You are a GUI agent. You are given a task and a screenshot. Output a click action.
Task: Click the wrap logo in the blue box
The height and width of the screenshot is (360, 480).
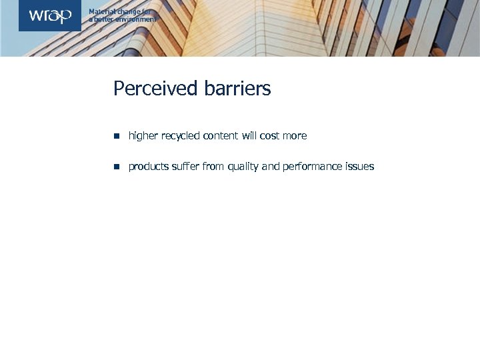(x=50, y=16)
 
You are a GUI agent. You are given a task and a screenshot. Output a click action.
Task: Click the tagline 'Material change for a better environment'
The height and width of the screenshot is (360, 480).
(x=123, y=16)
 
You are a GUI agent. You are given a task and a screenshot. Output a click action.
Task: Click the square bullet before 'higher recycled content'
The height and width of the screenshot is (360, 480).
(x=115, y=136)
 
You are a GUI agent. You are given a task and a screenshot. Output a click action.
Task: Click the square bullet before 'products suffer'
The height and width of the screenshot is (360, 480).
(x=115, y=167)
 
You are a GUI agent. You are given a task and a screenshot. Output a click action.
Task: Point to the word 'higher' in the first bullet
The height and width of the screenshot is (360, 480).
(x=143, y=136)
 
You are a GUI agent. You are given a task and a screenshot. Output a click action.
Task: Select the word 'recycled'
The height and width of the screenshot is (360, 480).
(x=179, y=136)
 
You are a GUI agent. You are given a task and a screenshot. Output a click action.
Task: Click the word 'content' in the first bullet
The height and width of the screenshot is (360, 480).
(x=220, y=136)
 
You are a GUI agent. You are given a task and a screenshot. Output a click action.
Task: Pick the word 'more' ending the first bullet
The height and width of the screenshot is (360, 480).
(x=295, y=136)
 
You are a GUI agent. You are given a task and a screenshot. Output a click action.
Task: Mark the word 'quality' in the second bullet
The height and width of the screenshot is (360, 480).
(x=243, y=167)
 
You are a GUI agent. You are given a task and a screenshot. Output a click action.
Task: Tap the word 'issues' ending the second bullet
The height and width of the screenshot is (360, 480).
(x=360, y=167)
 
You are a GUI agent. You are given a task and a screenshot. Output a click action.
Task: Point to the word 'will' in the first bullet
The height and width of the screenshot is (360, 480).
(x=249, y=136)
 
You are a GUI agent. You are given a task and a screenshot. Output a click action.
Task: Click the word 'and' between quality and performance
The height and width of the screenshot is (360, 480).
(x=271, y=167)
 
